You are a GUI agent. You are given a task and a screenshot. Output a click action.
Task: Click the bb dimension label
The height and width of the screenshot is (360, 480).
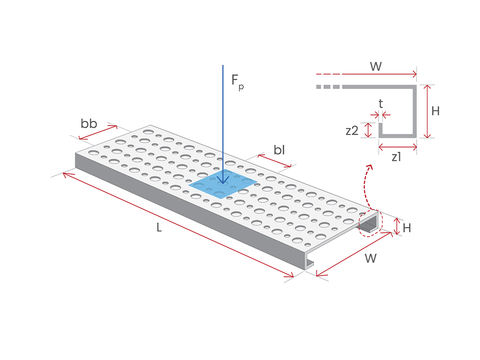(x=89, y=124)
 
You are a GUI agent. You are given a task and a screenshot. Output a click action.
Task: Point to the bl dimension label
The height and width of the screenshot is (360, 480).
(x=280, y=150)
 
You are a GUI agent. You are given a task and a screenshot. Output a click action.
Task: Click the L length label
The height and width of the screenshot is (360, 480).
(x=159, y=228)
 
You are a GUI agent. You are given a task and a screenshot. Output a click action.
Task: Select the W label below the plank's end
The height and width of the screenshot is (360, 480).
(x=370, y=258)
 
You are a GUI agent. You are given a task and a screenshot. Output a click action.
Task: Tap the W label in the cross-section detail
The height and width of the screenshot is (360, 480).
(x=376, y=66)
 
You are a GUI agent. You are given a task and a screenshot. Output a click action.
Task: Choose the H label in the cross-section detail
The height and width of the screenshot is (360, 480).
(x=435, y=111)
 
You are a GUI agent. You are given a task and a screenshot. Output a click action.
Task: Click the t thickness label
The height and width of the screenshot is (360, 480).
(x=381, y=104)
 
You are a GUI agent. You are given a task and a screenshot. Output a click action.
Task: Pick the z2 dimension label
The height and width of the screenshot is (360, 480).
(x=352, y=131)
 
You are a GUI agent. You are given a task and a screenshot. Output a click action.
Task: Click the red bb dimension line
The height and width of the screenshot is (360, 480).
(x=98, y=132)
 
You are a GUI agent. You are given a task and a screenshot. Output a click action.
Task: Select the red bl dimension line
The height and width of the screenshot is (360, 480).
(x=275, y=161)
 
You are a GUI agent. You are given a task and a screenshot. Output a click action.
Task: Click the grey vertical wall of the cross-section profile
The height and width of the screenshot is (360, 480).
(x=415, y=111)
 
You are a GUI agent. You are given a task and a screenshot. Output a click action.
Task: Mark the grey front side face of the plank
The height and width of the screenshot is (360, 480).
(x=188, y=212)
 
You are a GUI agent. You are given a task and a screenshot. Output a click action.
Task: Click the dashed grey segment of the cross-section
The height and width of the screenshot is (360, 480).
(x=328, y=87)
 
